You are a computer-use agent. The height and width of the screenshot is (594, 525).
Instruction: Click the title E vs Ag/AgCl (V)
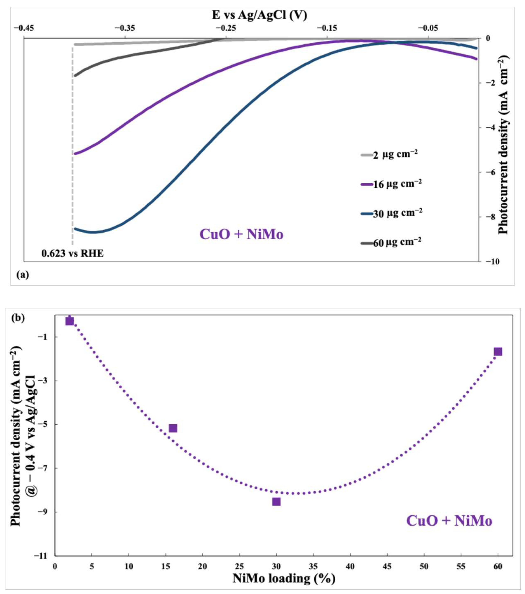259,15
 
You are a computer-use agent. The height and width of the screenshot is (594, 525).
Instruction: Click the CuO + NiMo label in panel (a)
241,234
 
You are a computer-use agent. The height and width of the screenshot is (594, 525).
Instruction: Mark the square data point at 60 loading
498,352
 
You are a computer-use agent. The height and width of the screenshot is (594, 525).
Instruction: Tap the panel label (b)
18,318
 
